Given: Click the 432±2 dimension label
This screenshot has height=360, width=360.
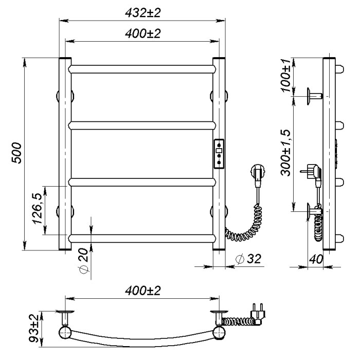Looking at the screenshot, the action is pos(142,13).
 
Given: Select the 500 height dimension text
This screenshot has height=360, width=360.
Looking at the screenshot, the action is pos(16,153).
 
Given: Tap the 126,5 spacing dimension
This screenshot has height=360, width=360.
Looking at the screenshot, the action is pos(38,209).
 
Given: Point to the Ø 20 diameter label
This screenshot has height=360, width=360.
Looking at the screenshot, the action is pos(84,261).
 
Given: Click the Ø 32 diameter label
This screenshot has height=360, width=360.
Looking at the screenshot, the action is pos(248,259).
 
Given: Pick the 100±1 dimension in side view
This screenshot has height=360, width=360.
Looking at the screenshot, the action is pos(286,75).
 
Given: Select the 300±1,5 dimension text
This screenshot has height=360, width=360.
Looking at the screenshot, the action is pos(285,153).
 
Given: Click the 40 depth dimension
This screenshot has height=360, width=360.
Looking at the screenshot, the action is pos(316,259).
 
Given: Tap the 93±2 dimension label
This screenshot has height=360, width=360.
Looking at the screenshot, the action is pos(34,328).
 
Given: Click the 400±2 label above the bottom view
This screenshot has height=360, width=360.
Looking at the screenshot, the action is pos(142,291).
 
